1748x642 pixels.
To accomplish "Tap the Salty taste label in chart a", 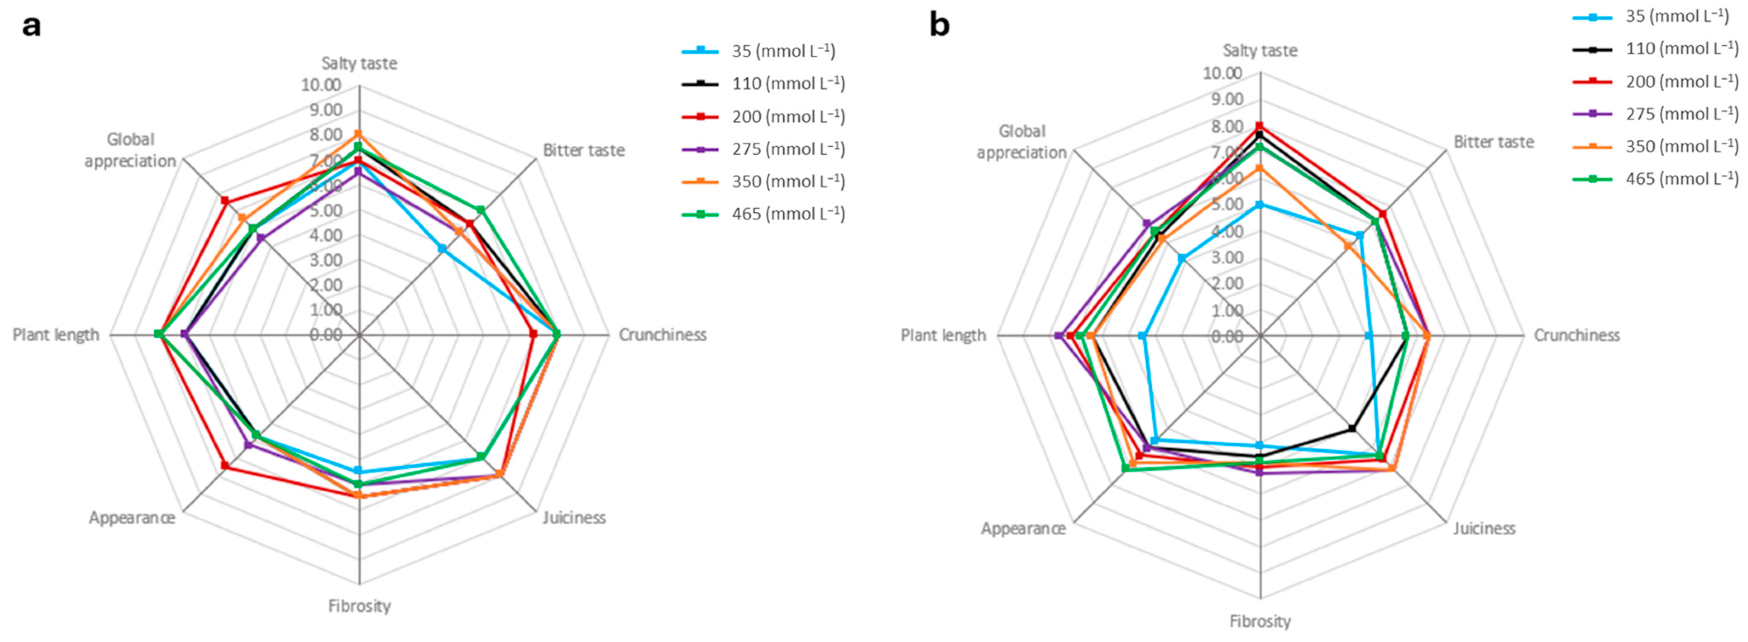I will tap(359, 64).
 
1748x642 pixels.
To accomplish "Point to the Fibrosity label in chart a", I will tap(359, 606).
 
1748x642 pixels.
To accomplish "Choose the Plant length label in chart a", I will tap(56, 335).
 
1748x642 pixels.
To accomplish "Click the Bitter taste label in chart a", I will tap(583, 150).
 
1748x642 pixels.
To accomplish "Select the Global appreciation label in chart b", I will tap(1021, 142).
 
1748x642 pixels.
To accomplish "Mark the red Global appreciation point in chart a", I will tap(224, 201).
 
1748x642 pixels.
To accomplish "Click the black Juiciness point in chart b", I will tap(1352, 428).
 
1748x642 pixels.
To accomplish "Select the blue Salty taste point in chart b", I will tap(1260, 204).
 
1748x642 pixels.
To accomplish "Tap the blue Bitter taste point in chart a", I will tap(442, 249).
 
